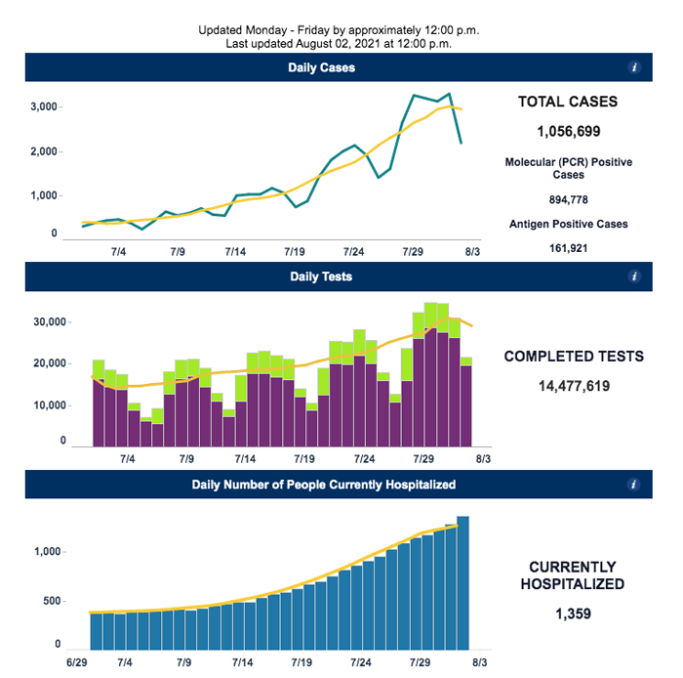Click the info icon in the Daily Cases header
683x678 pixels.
(x=634, y=67)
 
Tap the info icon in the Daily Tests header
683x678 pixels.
(x=634, y=276)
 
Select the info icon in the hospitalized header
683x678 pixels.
(x=633, y=485)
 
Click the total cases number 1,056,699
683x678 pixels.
(x=569, y=131)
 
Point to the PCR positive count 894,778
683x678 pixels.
(x=569, y=199)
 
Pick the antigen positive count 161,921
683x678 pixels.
(x=569, y=248)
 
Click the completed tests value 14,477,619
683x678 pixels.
(x=574, y=386)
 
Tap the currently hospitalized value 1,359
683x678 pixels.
(x=574, y=614)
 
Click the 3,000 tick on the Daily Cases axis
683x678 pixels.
(x=44, y=106)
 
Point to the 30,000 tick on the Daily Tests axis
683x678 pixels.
(x=50, y=321)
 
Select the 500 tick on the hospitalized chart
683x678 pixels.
(x=52, y=601)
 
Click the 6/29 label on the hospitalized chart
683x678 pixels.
(x=77, y=662)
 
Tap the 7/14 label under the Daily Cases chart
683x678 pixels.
(x=235, y=252)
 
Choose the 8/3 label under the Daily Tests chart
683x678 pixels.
(x=483, y=459)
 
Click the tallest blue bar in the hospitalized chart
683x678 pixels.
(x=463, y=583)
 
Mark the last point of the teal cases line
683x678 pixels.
(x=462, y=143)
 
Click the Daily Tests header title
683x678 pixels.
(x=321, y=276)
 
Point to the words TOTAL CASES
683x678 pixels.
(x=568, y=102)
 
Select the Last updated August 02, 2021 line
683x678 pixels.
(x=339, y=44)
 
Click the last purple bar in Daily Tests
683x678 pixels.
(x=466, y=406)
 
